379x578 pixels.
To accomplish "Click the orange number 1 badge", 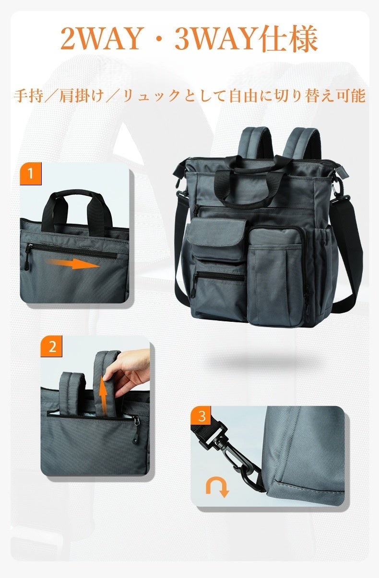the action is click(31, 174).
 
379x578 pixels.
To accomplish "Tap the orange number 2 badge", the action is click(51, 346).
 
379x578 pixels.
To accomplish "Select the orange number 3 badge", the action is click(201, 416).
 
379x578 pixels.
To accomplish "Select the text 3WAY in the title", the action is click(217, 38).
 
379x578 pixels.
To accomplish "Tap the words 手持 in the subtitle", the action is click(28, 96).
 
